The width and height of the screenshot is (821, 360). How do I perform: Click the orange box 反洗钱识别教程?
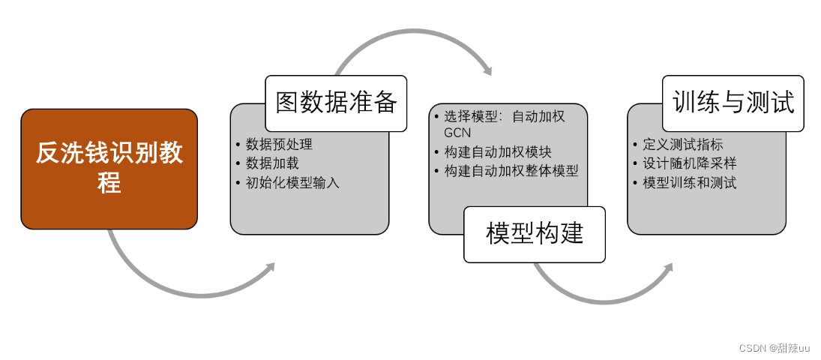coord(109,169)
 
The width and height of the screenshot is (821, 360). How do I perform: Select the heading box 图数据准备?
coord(336,103)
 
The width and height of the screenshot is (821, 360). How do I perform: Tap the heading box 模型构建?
coord(534,234)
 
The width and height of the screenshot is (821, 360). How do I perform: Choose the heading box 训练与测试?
coord(733,103)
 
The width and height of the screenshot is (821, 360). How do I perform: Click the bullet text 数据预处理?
coord(279,145)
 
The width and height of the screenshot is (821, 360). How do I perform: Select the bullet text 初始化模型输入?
coord(292,182)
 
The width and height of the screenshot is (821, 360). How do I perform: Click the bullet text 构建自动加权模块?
coord(497,151)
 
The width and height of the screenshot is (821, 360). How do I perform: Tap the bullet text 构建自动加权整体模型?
coord(511,170)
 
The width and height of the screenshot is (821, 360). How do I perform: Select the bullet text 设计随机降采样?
coord(689,163)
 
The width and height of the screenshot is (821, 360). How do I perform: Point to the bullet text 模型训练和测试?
coord(689,182)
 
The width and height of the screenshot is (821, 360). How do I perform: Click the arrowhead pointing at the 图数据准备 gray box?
coord(270,266)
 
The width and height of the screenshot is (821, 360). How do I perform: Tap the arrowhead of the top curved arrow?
coord(487,71)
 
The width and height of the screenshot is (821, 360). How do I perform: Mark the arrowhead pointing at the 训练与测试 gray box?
coord(667,267)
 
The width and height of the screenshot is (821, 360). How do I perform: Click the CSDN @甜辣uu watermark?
coord(774,348)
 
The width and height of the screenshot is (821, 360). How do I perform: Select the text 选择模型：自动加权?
coord(504,116)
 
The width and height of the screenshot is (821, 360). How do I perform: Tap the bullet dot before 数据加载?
coord(238,163)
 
